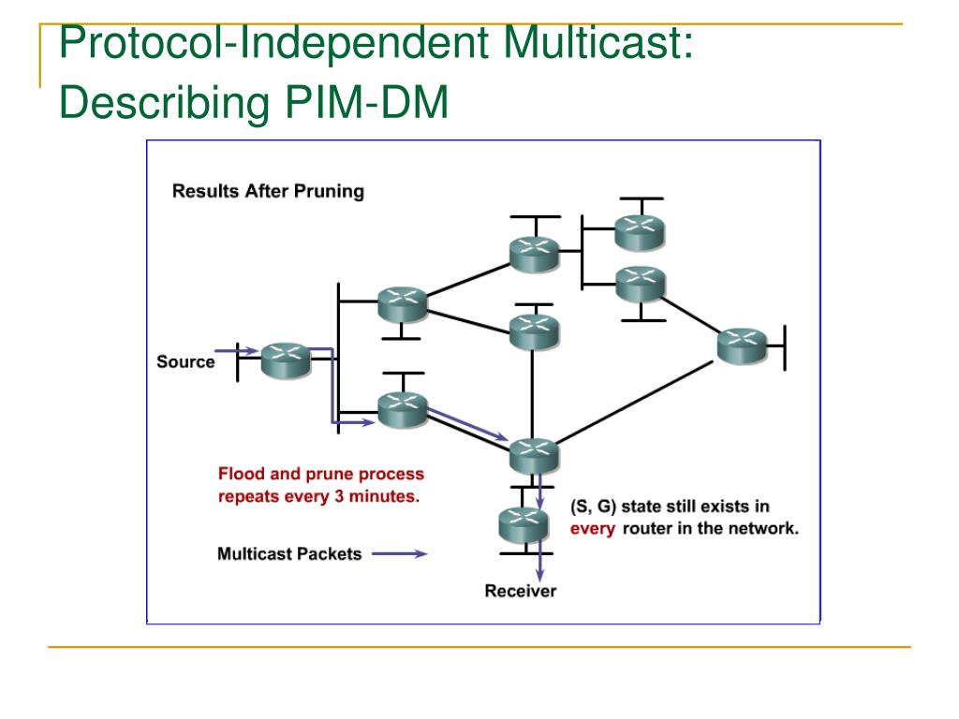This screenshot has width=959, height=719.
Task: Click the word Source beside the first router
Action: pos(185,361)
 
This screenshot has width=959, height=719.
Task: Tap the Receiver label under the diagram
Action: pos(521,591)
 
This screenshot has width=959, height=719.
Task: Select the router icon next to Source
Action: pos(286,360)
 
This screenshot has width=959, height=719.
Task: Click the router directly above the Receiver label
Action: pos(524,525)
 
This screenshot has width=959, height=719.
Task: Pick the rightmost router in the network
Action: pos(742,345)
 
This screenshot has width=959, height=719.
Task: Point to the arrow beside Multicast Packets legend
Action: pos(399,554)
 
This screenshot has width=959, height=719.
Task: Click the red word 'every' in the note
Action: pos(592,529)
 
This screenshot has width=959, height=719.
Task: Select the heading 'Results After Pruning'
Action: pos(268,191)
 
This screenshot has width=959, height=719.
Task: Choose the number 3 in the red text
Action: pos(339,496)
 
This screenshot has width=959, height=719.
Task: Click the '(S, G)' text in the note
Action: pos(593,506)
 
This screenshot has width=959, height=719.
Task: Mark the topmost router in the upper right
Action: pos(640,233)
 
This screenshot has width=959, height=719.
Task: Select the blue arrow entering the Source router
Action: pos(236,350)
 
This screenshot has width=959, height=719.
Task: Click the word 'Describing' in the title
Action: pos(165,103)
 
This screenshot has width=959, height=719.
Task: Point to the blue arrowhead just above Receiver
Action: pos(539,575)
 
